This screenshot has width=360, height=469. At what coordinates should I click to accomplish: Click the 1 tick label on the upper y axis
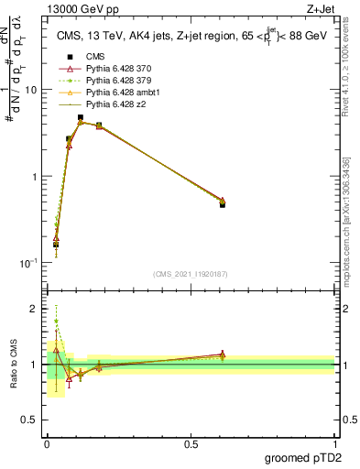(35, 176)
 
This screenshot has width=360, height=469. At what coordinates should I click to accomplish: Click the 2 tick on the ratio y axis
(35, 309)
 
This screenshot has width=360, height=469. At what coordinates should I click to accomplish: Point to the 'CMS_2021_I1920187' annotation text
(191, 274)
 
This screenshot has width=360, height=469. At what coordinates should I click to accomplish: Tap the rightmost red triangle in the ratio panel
(223, 354)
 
